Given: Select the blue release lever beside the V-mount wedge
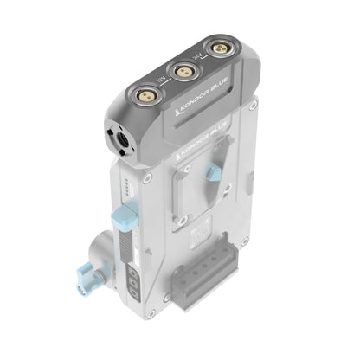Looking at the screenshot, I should pyautogui.click(x=211, y=171).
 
